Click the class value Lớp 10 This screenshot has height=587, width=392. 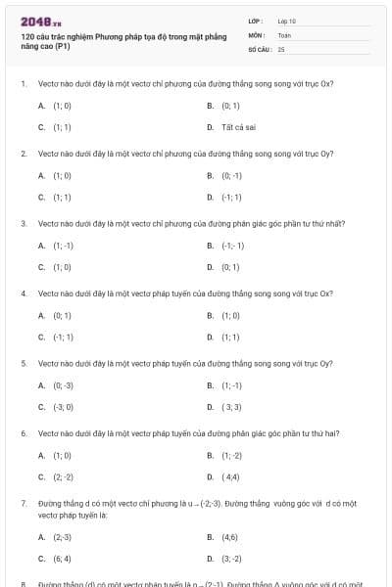coord(287,21)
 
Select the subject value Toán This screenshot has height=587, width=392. coord(284,34)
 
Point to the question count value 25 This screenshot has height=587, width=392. coord(281,48)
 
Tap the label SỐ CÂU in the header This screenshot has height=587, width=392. coord(259,48)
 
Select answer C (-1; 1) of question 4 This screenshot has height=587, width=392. coord(63,337)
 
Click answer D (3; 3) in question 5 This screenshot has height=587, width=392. coord(231,407)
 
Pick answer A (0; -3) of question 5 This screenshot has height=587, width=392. coord(63,384)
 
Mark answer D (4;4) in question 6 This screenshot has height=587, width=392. coord(231,476)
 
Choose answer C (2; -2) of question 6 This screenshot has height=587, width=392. coord(63,476)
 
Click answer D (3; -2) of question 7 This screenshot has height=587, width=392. coord(231,559)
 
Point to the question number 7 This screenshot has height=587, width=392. coord(23,502)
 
